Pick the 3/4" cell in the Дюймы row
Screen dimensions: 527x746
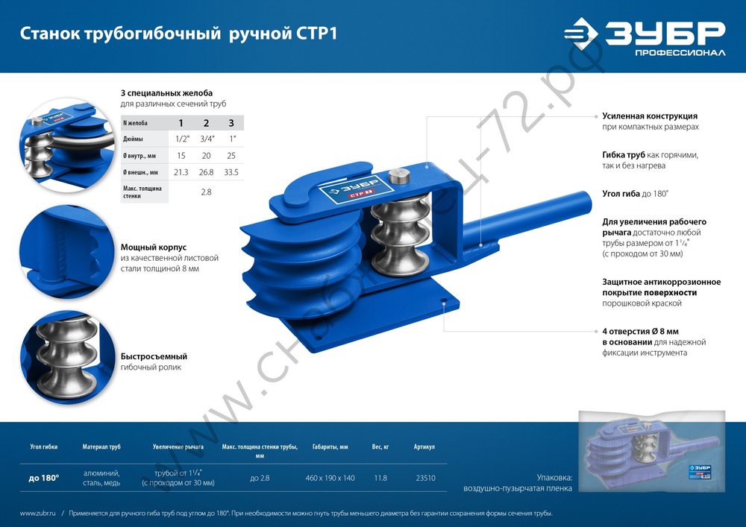[x=206, y=139]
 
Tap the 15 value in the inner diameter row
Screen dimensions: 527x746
[x=181, y=156]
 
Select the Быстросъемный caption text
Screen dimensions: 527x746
[x=154, y=356]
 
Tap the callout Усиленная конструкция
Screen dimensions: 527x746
[x=650, y=116]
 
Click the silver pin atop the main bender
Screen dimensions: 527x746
[x=399, y=178]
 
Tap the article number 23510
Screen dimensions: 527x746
[x=425, y=478]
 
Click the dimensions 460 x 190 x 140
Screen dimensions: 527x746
[x=330, y=478]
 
